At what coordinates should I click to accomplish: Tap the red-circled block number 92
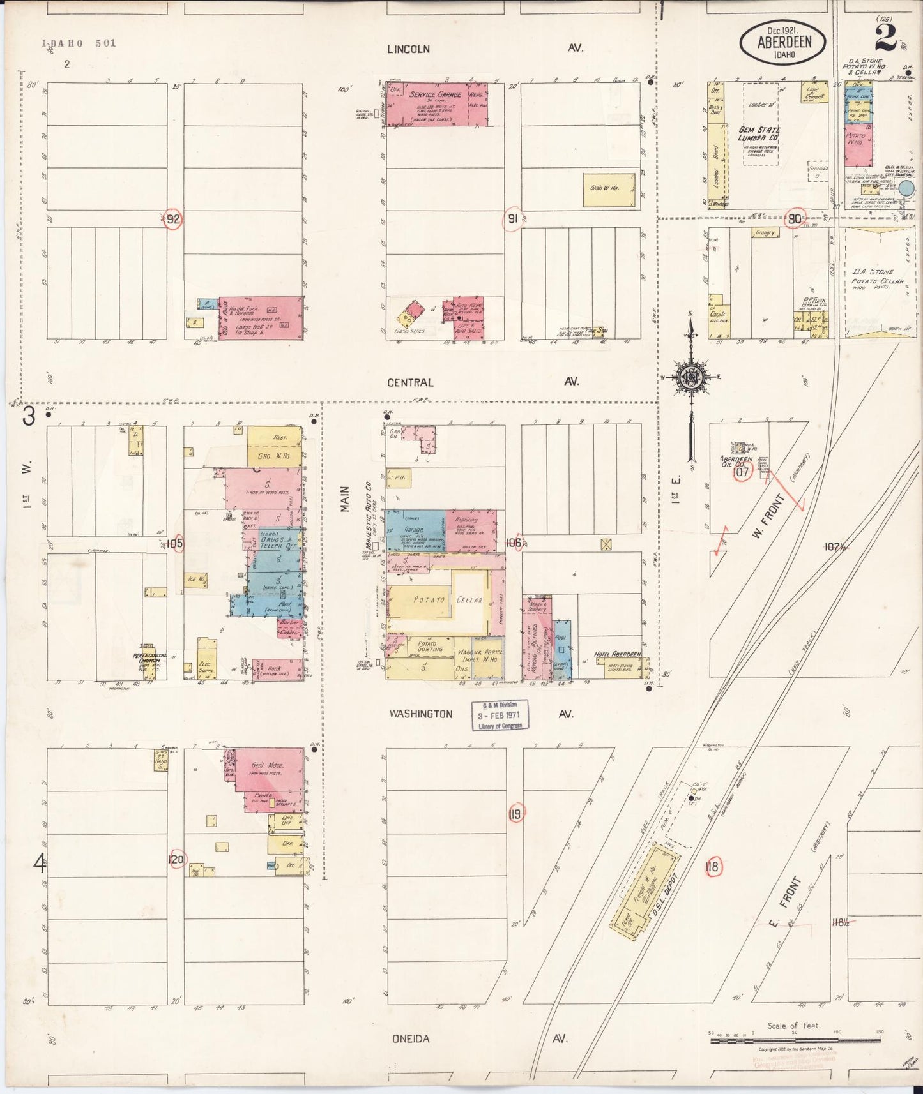click(x=173, y=220)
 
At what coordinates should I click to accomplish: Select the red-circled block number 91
click(x=512, y=218)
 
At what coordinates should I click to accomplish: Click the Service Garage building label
click(x=436, y=95)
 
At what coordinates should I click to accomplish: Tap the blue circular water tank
click(x=907, y=188)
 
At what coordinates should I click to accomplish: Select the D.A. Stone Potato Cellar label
click(x=878, y=276)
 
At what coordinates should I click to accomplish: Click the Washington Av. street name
click(x=421, y=714)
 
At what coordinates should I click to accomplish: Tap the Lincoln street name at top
click(x=408, y=49)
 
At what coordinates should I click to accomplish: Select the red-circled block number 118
click(x=713, y=867)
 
